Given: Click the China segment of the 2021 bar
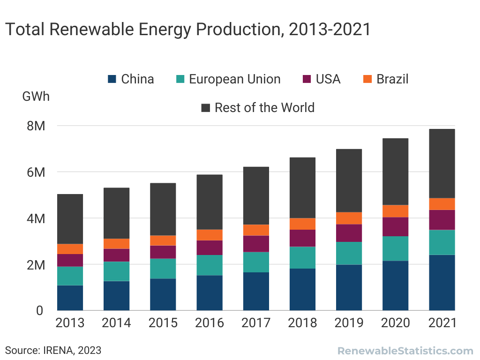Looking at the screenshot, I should (442, 282).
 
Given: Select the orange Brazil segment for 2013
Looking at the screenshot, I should (70, 249).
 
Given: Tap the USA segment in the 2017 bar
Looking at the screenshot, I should (256, 244).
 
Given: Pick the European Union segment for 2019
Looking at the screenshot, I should (349, 253).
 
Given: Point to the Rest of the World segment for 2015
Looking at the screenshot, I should (163, 209).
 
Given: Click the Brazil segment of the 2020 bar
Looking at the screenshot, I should (395, 211).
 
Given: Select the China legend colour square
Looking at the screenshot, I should (112, 79).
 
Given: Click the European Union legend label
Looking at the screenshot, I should (234, 79).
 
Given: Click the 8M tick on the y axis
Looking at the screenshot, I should (36, 126).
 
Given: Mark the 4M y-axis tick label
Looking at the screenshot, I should (36, 218).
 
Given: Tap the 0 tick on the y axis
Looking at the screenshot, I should (39, 310).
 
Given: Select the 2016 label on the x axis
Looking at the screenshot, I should (210, 323).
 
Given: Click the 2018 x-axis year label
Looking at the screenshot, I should (302, 323).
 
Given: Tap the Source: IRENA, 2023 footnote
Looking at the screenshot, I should (53, 350).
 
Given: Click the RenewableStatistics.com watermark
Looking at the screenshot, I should (405, 351).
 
